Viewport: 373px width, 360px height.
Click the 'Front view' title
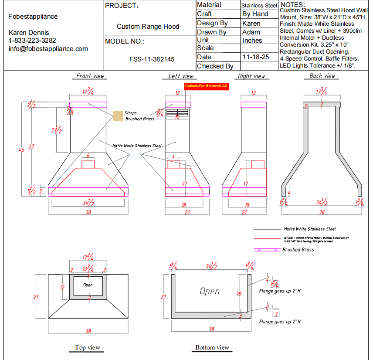90,76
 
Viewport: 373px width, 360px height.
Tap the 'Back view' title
322,76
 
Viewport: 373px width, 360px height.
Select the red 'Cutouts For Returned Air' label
206,86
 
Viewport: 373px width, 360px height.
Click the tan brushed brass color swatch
117,116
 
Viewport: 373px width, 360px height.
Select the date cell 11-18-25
256,57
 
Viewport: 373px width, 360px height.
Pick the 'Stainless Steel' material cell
259,6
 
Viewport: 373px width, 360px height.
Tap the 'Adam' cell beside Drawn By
251,32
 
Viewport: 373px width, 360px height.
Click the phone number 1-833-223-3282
32,41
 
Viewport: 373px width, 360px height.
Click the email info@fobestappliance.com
48,49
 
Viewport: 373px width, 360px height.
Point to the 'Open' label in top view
88,285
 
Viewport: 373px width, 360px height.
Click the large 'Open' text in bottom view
210,291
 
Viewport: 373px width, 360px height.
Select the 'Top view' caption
88,347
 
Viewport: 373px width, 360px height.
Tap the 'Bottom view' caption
212,347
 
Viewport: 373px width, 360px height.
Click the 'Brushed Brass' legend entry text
298,250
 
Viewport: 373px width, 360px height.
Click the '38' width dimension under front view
88,212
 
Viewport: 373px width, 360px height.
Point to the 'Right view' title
251,76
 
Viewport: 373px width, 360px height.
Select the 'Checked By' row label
215,66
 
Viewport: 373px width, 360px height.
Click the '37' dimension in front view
31,147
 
